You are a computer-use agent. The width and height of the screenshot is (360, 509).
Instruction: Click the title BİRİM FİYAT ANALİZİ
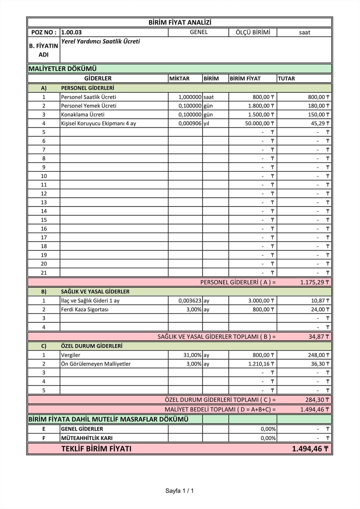[x=180, y=23]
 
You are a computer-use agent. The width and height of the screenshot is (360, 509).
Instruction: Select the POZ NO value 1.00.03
[x=71, y=32]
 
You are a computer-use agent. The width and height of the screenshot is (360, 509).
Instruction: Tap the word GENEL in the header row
[x=199, y=32]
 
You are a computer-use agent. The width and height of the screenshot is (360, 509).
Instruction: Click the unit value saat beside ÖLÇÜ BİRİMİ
[x=304, y=32]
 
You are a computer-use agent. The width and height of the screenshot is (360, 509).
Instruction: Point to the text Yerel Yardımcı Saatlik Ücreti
[x=100, y=41]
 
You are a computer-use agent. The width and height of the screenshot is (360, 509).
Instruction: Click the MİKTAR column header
[x=179, y=78]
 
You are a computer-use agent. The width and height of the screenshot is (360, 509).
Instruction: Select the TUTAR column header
[x=286, y=78]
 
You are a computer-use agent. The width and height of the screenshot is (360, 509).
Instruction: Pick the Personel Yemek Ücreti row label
[x=89, y=106]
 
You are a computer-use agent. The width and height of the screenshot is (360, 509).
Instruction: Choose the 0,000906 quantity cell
[x=190, y=123]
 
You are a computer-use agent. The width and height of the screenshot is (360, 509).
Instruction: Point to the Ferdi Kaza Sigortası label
[x=85, y=309]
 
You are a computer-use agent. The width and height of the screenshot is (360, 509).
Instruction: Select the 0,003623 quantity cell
[x=190, y=301]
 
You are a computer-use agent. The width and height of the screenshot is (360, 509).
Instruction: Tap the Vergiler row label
[x=71, y=355]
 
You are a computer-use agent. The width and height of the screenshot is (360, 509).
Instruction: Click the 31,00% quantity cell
[x=192, y=355]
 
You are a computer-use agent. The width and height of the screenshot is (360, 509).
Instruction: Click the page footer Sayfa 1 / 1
[x=179, y=491]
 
